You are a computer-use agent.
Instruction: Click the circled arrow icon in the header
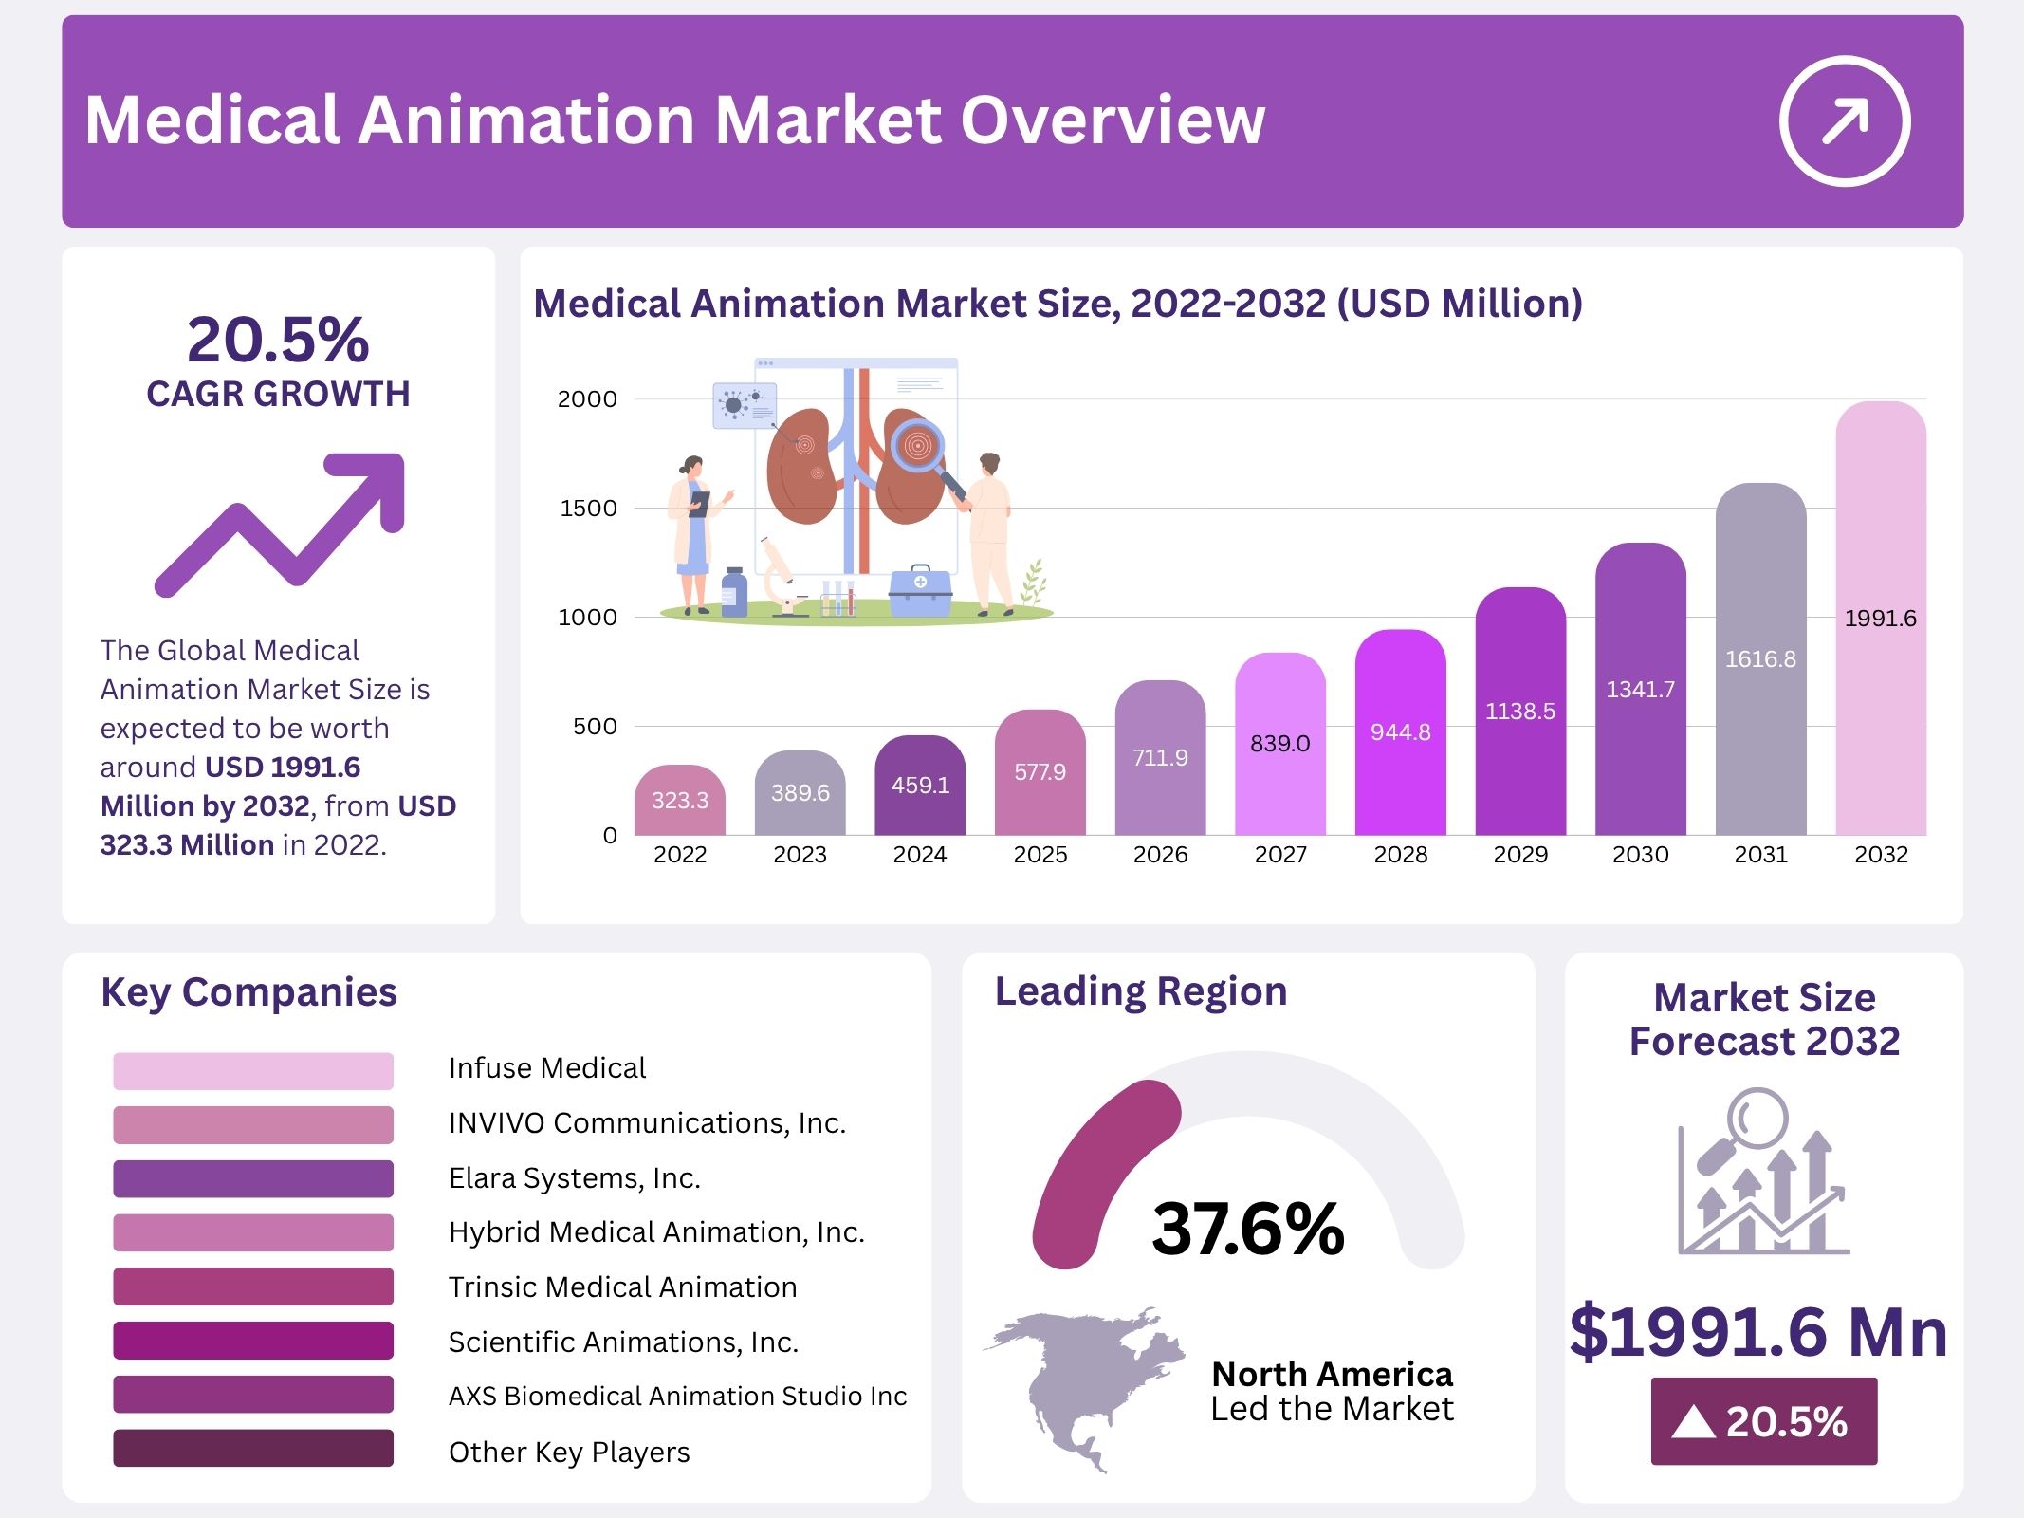click(1844, 121)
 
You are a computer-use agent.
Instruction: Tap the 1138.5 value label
click(1519, 712)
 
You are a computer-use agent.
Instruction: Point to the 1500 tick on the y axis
click(588, 509)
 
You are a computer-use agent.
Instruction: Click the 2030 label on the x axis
click(1640, 855)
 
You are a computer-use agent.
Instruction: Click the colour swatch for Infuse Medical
click(252, 1070)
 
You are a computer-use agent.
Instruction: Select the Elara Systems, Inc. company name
click(574, 1178)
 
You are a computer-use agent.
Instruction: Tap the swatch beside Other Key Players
click(252, 1448)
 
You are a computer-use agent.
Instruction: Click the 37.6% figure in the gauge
click(1247, 1229)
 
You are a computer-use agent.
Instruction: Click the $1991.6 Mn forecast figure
click(1757, 1331)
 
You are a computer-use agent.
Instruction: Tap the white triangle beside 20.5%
click(1693, 1421)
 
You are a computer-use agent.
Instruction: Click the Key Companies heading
click(248, 992)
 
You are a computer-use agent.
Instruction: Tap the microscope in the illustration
click(781, 579)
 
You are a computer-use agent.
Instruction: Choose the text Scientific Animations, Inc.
click(623, 1342)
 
